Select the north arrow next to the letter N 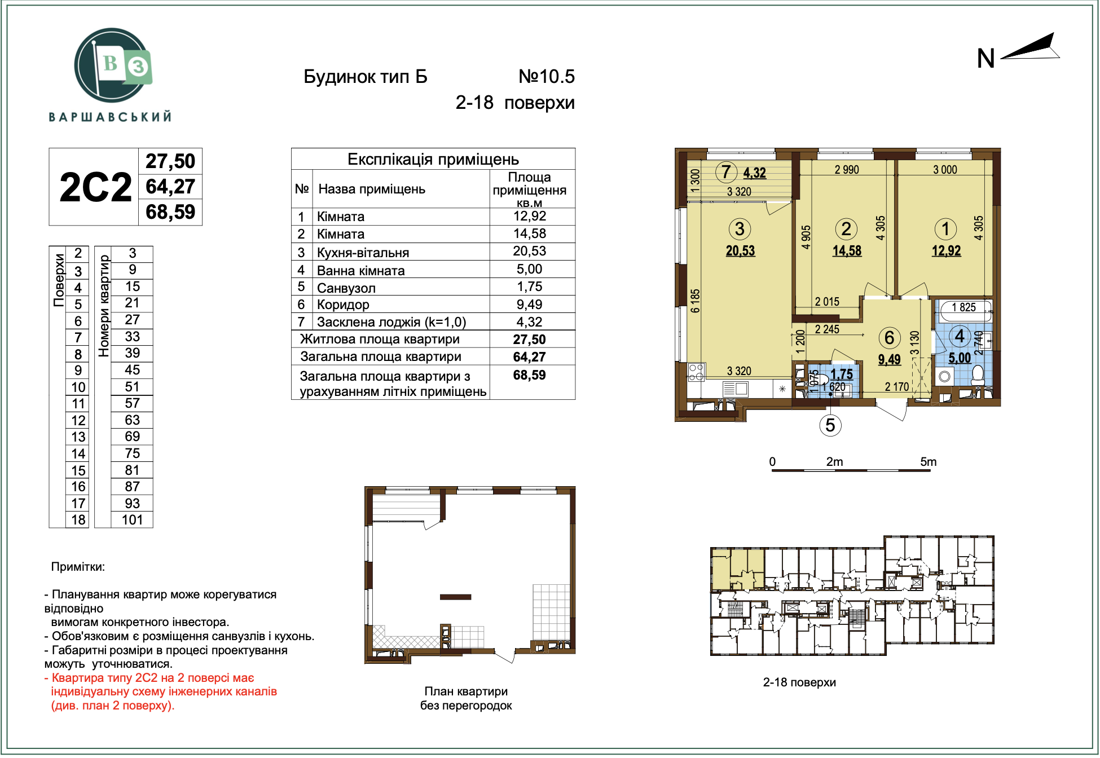1031,48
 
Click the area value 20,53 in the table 529,252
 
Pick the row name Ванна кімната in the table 360,271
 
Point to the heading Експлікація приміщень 433,159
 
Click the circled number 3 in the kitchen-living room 739,229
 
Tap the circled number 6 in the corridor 889,338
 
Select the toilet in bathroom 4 978,375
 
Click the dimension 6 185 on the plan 695,301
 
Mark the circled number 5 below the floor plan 830,425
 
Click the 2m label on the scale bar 834,462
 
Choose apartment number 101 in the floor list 132,520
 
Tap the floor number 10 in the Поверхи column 78,387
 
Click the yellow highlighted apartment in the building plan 736,569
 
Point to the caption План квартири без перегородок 466,698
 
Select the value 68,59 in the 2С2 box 170,213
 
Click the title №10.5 546,77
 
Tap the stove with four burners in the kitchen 696,372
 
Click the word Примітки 78,567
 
